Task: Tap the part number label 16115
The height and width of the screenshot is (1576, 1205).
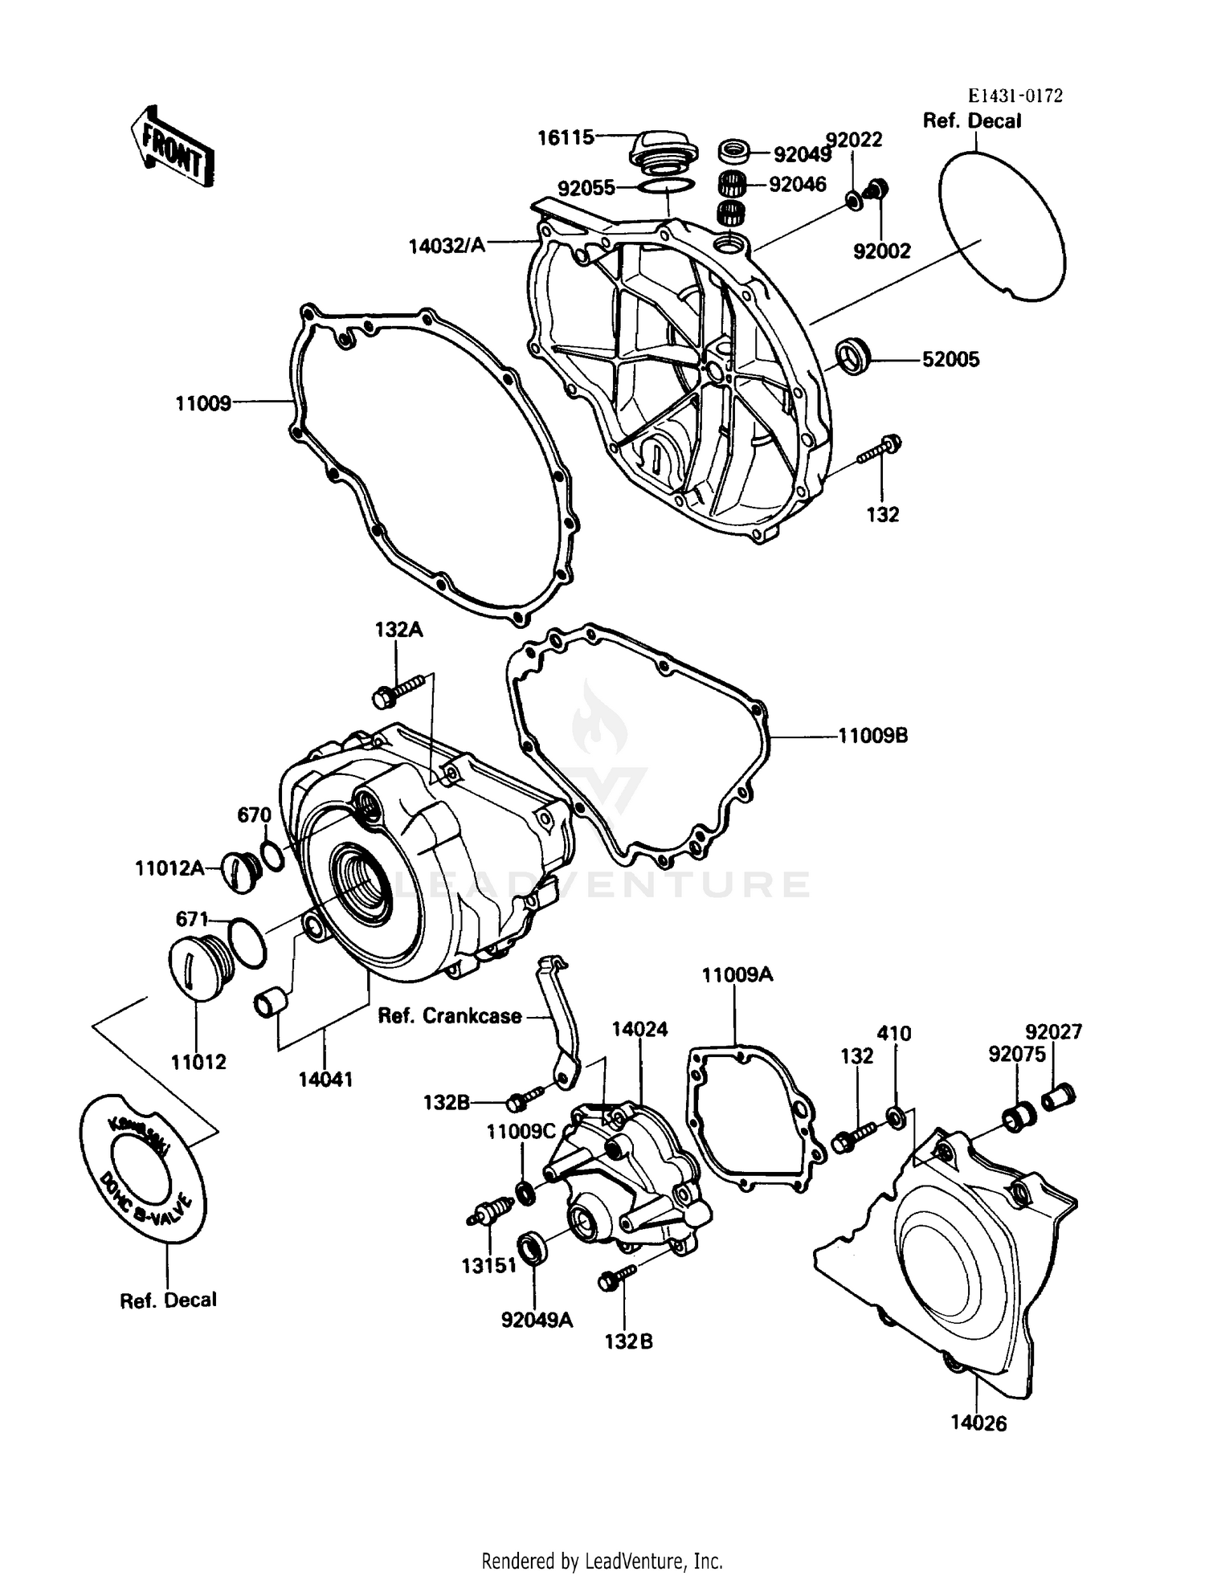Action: coord(566,137)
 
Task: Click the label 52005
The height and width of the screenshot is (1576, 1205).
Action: coord(950,360)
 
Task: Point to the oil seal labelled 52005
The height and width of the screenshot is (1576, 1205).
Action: coord(854,356)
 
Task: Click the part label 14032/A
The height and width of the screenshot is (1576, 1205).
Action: coord(447,245)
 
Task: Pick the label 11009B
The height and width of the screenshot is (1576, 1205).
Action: coord(872,735)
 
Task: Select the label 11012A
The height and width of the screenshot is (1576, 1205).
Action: coord(169,868)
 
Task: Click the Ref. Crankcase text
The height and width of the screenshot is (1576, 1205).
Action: coord(450,1016)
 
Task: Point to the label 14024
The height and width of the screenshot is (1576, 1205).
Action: coord(639,1029)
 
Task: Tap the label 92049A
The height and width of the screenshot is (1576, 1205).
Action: coord(537,1320)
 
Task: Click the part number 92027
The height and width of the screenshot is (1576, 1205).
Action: coord(1053,1031)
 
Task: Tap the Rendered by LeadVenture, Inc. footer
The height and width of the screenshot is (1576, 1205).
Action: coord(602,1561)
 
